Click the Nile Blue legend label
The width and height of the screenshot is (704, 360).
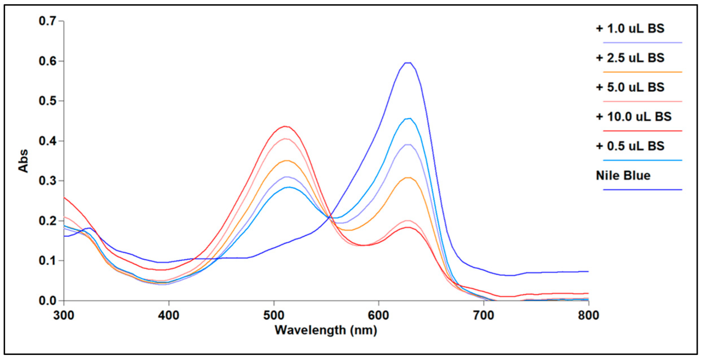pyautogui.click(x=623, y=176)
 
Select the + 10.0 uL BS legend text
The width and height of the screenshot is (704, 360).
pyautogui.click(x=634, y=117)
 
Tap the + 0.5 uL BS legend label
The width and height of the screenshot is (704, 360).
pyautogui.click(x=630, y=146)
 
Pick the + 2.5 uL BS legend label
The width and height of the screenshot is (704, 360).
pyautogui.click(x=630, y=58)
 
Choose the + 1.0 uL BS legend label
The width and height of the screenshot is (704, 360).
pyautogui.click(x=630, y=29)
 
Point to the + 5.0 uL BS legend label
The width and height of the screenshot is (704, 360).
pyautogui.click(x=630, y=87)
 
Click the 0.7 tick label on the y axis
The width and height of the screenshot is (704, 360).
pyautogui.click(x=48, y=21)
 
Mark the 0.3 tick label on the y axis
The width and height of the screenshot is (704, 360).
pyautogui.click(x=48, y=181)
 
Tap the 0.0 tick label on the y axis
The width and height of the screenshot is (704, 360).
pyautogui.click(x=48, y=301)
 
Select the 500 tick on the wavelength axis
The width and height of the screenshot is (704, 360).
pyautogui.click(x=274, y=315)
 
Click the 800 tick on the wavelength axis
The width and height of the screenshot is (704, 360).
pyautogui.click(x=588, y=315)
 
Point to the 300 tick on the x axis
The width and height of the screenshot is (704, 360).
pyautogui.click(x=64, y=315)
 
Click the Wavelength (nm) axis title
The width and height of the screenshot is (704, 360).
pyautogui.click(x=326, y=330)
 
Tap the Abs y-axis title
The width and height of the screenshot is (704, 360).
pyautogui.click(x=23, y=161)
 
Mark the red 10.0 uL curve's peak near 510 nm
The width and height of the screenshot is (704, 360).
pyautogui.click(x=285, y=126)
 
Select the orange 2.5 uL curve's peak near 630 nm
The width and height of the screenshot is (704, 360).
pyautogui.click(x=408, y=178)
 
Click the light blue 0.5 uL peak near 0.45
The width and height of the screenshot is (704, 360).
pyautogui.click(x=409, y=118)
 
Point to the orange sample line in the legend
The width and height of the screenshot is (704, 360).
pyautogui.click(x=642, y=72)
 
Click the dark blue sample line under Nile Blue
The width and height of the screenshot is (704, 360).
pyautogui.click(x=642, y=190)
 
